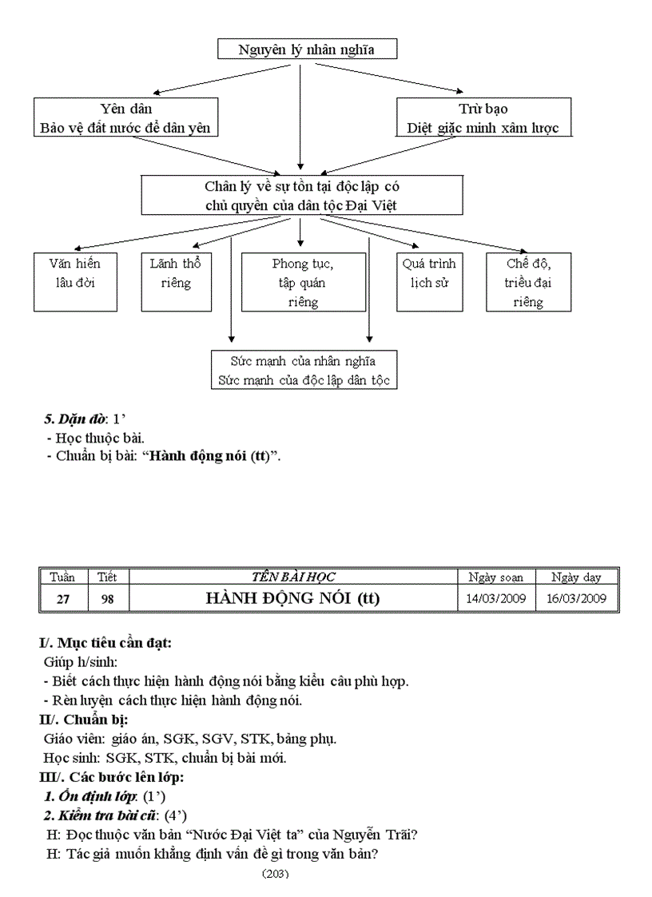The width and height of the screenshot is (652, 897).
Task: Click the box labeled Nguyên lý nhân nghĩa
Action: coord(307,50)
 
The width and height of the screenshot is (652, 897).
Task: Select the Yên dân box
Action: coord(126,117)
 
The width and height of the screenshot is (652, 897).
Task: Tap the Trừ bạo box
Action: coord(483,117)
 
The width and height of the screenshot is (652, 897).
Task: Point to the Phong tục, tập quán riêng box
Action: coord(303,282)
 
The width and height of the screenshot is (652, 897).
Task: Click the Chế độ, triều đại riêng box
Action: coord(528,282)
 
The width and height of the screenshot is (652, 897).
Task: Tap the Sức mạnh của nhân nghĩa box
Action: coord(303,370)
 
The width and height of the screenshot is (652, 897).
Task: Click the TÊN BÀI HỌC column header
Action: coord(293,577)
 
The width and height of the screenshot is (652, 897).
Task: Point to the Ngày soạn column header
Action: coord(495,577)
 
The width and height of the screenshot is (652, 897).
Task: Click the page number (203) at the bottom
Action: coord(275,873)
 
